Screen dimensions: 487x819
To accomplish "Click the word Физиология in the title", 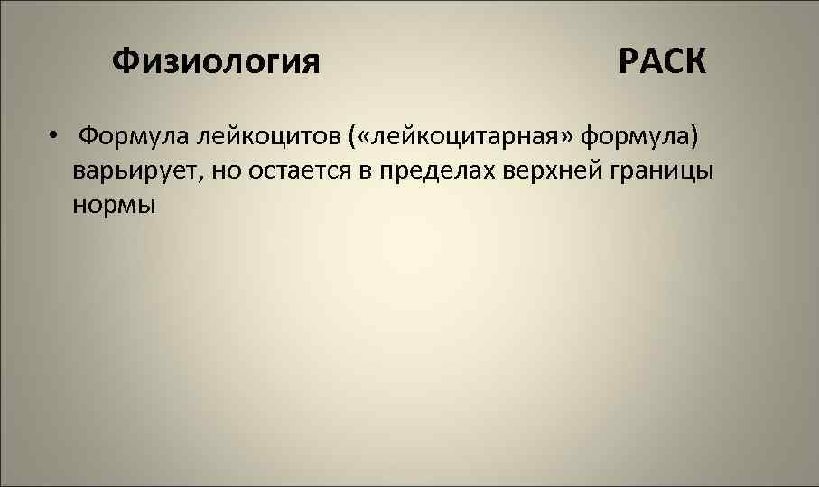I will pos(216,62).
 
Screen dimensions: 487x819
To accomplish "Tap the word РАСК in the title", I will pos(663,62).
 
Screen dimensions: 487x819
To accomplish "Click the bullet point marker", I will pos(55,138).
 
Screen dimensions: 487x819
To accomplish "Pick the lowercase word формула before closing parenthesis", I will pos(633,136).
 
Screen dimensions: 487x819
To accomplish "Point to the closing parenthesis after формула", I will pos(693,137).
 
